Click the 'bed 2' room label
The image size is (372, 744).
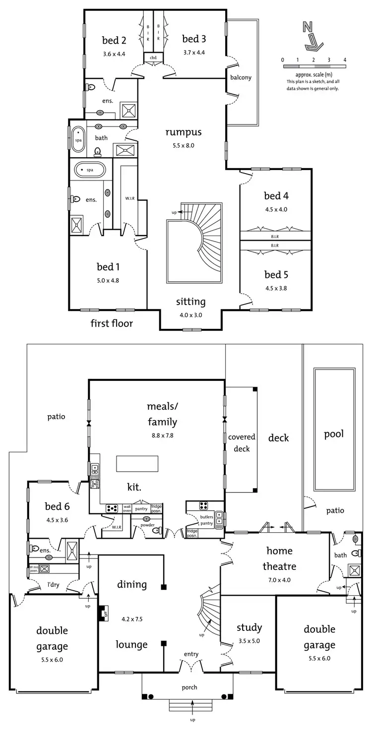click(114, 40)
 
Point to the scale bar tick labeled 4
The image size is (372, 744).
click(345, 60)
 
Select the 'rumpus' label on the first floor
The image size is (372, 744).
click(184, 132)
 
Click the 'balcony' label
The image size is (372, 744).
click(241, 77)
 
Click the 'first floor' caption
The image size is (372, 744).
click(112, 324)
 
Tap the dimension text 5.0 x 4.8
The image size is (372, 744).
click(108, 280)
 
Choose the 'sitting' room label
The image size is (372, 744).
click(190, 302)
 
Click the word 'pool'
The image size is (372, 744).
click(334, 434)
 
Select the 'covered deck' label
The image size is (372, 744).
click(242, 443)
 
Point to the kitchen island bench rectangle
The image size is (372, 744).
click(137, 464)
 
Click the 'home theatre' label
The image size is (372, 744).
click(280, 558)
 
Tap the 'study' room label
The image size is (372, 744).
click(249, 627)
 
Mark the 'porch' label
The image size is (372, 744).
click(189, 687)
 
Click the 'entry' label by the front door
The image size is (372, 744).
click(191, 654)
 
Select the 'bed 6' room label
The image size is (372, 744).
click(57, 506)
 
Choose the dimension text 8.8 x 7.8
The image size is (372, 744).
click(162, 435)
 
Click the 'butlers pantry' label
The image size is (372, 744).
click(206, 520)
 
